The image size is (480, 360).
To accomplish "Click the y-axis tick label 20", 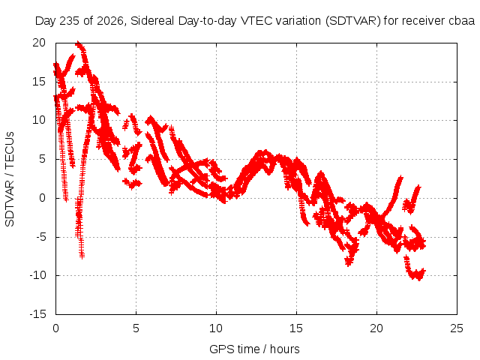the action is (39, 43).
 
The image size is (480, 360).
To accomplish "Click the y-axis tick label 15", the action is (39, 82).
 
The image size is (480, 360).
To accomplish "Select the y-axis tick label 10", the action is (39, 120).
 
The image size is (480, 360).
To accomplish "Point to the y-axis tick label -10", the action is (38, 275).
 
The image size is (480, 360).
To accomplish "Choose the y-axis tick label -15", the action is (38, 314).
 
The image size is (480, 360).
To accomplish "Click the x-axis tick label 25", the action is (457, 328).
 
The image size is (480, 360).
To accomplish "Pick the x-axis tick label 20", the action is (376, 328).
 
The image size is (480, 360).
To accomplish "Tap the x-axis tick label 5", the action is (136, 328).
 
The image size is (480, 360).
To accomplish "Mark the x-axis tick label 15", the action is (296, 328).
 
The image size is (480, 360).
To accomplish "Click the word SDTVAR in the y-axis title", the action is (10, 204).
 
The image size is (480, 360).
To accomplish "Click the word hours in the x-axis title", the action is (285, 349).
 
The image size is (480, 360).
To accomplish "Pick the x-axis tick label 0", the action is (55, 328).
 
